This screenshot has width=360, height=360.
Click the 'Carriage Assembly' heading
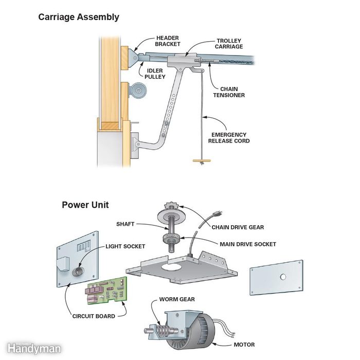pyautogui.click(x=79, y=17)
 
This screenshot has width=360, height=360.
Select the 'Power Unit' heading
pyautogui.click(x=85, y=205)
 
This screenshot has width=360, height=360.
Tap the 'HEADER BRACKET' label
pyautogui.click(x=168, y=41)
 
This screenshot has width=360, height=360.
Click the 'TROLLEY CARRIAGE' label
pyautogui.click(x=229, y=44)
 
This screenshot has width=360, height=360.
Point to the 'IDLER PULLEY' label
pyautogui.click(x=155, y=74)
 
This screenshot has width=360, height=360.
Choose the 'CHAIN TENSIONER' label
pyautogui.click(x=229, y=92)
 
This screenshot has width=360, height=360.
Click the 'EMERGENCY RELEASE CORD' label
pyautogui.click(x=229, y=137)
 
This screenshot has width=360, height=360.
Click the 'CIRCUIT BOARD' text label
pyautogui.click(x=94, y=316)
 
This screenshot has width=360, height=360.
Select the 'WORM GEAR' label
pyautogui.click(x=176, y=299)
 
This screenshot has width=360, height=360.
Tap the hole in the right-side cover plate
pyautogui.click(x=282, y=276)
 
